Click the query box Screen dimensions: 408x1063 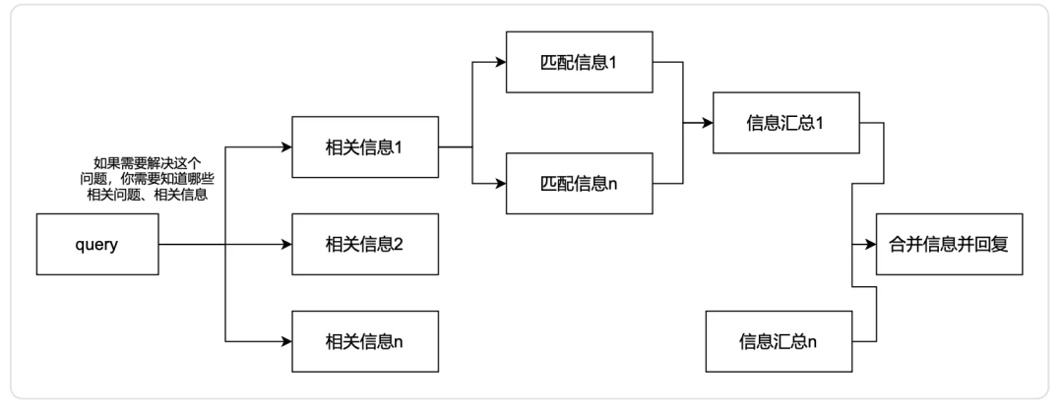(x=96, y=245)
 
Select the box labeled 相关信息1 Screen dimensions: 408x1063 (x=364, y=148)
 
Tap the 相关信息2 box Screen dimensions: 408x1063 (x=364, y=245)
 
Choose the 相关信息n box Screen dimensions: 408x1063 (x=364, y=340)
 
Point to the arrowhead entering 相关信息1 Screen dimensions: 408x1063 (x=287, y=148)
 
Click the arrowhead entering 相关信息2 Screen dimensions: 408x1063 (x=287, y=245)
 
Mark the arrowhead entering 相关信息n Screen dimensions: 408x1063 (x=287, y=340)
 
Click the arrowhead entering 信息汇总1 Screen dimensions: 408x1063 (x=711, y=124)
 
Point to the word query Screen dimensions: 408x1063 (x=96, y=245)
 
